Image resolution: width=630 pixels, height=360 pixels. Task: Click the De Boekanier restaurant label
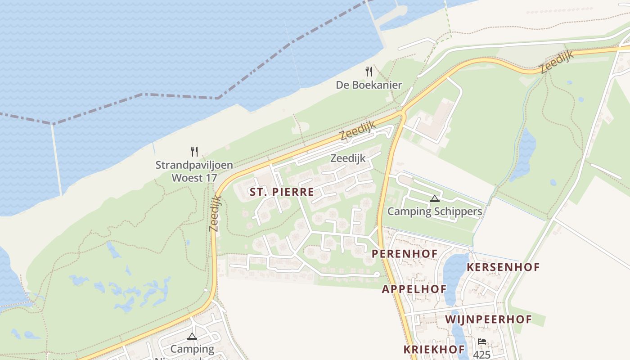[369, 85]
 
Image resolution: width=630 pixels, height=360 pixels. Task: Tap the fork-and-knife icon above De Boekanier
[369, 71]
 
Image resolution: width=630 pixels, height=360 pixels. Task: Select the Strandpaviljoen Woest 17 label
[194, 171]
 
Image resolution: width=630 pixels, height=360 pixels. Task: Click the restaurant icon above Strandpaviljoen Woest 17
[194, 151]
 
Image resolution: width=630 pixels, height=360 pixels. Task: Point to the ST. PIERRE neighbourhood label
[282, 192]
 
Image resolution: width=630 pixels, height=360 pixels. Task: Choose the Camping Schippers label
[435, 211]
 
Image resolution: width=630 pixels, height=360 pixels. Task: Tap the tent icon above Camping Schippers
[434, 198]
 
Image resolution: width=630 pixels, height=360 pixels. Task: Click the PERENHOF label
[405, 253]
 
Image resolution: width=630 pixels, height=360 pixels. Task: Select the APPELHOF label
[414, 289]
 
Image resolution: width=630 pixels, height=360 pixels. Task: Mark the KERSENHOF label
[503, 267]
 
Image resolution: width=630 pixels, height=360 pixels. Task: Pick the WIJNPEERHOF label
[489, 319]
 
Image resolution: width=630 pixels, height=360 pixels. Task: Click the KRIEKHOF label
[434, 349]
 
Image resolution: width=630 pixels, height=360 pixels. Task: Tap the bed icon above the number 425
[482, 342]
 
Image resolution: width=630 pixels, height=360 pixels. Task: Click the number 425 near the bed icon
[482, 355]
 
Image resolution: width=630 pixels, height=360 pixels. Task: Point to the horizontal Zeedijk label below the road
[348, 158]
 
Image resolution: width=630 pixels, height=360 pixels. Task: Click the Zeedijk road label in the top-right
[557, 62]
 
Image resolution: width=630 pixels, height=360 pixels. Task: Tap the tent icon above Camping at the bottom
[192, 336]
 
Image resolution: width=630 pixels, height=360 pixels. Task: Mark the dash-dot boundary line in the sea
[180, 96]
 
